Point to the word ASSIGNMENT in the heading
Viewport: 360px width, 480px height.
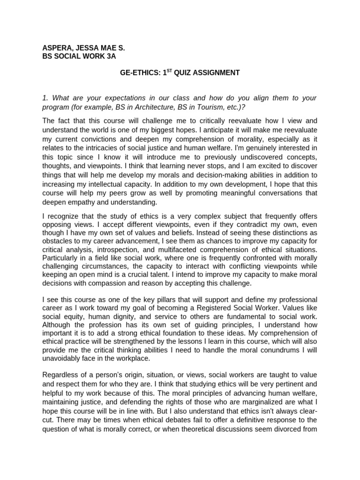point(218,73)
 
